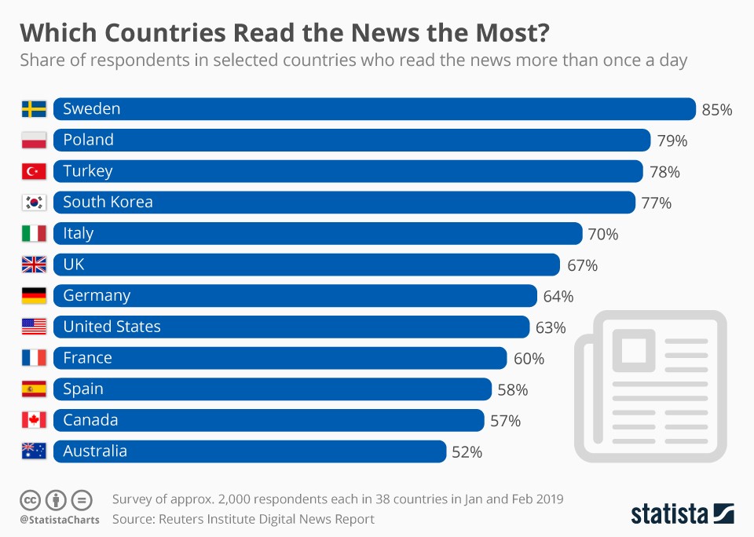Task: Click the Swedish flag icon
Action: pos(34,109)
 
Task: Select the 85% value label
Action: pos(716,110)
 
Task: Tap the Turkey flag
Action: pos(34,171)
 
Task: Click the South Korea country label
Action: pos(108,203)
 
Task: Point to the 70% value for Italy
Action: pos(602,234)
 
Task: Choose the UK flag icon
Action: pos(34,265)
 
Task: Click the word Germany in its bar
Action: pos(97,296)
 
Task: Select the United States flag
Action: pos(34,327)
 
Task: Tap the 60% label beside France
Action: pos(529,359)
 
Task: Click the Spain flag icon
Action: pos(34,389)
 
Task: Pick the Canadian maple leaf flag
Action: pos(34,420)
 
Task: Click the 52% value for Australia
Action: pos(467,452)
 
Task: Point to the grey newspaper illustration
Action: pos(650,385)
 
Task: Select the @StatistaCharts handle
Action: pos(60,520)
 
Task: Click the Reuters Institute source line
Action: pos(243,519)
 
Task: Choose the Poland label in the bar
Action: pos(88,141)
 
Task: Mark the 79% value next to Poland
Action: pos(672,141)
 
